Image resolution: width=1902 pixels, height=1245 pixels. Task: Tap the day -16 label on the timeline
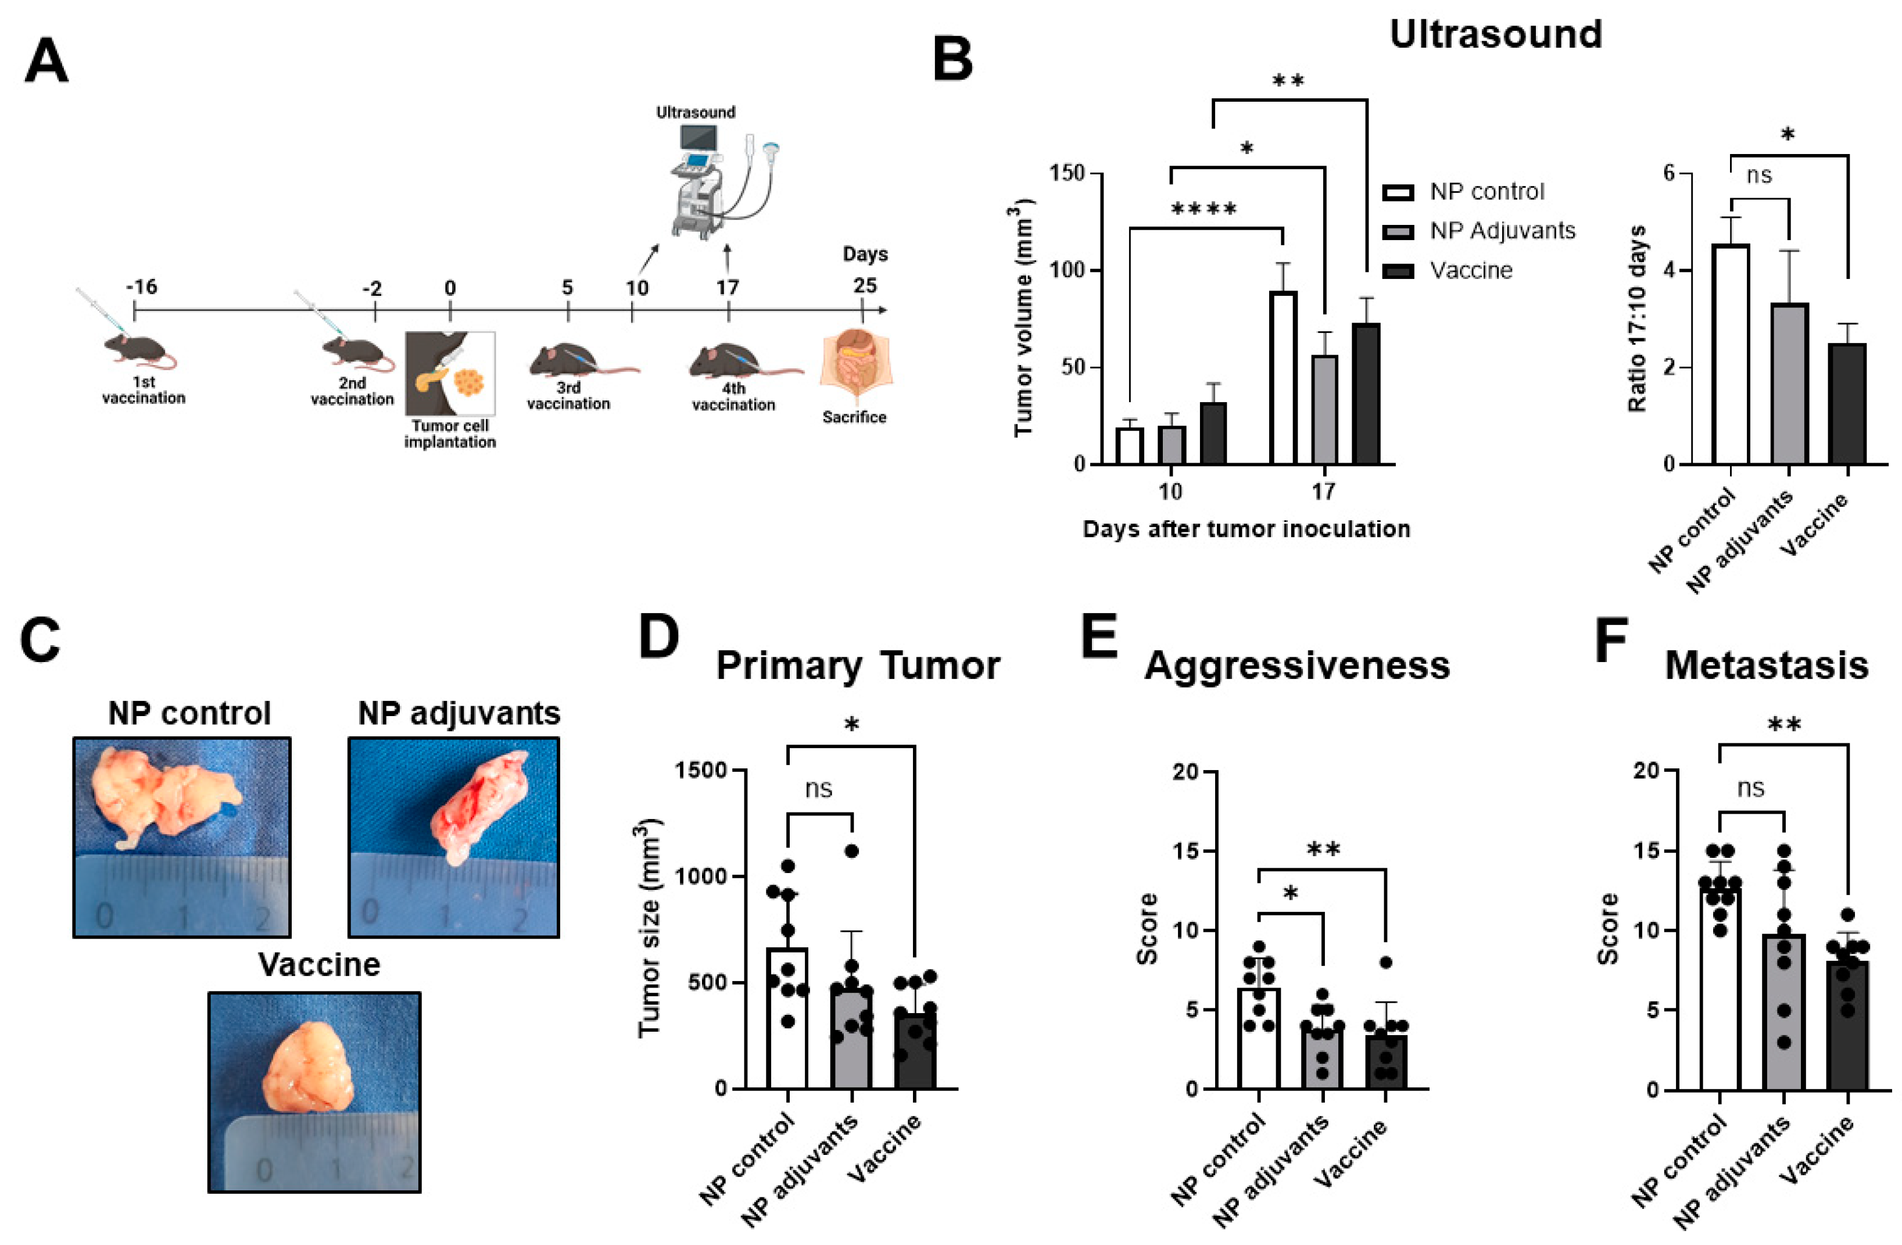pos(141,286)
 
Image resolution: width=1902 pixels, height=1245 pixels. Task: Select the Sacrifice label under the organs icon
pos(854,416)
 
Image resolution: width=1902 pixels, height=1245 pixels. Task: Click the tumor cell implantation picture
pos(450,373)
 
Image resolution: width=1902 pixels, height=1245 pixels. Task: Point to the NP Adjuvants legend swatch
pos(1398,232)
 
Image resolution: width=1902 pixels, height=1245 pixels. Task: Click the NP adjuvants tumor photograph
pos(454,836)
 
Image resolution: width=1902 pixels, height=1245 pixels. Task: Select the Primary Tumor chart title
pos(858,666)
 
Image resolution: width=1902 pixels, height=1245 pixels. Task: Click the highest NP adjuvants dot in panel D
pos(852,851)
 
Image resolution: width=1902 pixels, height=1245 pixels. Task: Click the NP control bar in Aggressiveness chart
pos(1259,1038)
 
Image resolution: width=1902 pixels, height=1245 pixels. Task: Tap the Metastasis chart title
pos(1766,666)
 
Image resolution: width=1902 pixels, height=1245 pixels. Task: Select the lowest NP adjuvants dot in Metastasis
pos(1783,1043)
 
